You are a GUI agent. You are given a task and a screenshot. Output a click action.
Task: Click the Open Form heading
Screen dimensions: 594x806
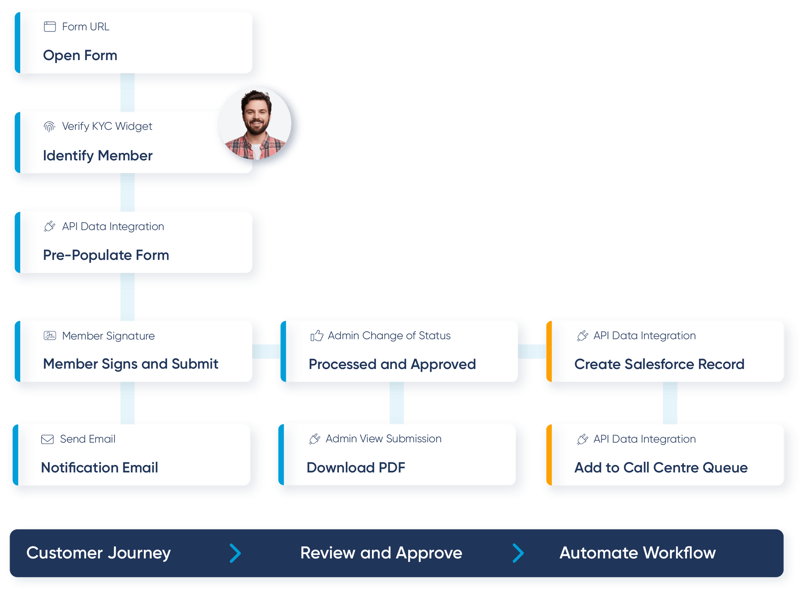point(80,55)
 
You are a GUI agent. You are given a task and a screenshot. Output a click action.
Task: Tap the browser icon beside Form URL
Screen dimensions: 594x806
point(50,27)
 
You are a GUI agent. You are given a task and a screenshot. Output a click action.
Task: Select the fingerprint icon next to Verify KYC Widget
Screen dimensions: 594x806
point(49,127)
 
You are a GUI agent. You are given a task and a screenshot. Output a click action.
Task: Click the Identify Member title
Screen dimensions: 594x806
point(98,156)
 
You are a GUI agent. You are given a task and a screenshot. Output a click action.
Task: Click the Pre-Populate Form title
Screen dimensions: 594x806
point(106,255)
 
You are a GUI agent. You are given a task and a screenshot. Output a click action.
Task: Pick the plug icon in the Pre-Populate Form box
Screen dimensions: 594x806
point(50,226)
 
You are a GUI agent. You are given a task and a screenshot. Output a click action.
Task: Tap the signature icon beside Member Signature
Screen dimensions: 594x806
point(50,336)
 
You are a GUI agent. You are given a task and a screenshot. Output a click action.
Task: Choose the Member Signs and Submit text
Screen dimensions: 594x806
point(131,364)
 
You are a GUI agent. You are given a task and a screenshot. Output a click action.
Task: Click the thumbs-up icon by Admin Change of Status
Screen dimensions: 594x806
point(317,336)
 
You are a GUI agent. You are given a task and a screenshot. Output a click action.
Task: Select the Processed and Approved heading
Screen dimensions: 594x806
point(392,364)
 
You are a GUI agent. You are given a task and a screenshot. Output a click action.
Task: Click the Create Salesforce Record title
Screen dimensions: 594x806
point(659,364)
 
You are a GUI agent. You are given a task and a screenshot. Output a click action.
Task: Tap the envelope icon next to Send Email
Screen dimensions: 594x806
point(48,439)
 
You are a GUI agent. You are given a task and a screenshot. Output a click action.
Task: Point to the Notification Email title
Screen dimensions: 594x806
point(100,468)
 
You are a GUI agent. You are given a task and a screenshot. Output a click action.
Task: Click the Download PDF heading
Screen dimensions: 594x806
point(356,468)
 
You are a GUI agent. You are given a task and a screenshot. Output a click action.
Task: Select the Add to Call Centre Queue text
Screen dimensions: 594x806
point(661,468)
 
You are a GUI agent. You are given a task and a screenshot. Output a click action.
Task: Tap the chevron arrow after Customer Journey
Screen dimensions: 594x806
point(235,553)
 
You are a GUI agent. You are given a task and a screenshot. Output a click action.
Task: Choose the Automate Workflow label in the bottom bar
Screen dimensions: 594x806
point(638,553)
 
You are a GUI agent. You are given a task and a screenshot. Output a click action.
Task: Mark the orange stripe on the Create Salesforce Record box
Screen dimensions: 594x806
point(548,351)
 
